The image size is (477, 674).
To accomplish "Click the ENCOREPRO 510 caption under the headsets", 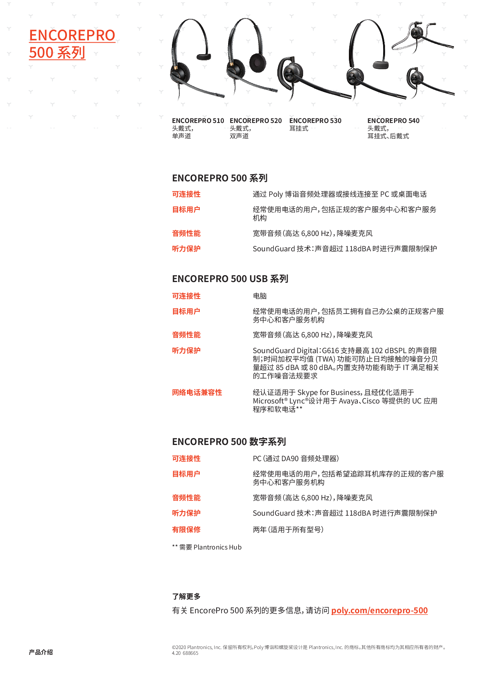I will [x=198, y=121].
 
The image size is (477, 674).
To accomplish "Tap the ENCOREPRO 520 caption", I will [x=255, y=121].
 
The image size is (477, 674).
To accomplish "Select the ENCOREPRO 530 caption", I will [x=315, y=121].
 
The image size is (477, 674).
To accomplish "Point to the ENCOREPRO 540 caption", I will [x=393, y=121].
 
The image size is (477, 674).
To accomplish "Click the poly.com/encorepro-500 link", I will [x=379, y=610].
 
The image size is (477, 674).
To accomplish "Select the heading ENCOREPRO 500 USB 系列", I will [x=230, y=279].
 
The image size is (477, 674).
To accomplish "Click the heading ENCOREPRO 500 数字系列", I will [x=229, y=442].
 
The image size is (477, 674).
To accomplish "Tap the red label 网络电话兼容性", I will [x=197, y=392].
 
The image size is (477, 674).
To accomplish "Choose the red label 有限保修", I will [x=186, y=530].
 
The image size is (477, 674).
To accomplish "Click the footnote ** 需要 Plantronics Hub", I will [x=207, y=547].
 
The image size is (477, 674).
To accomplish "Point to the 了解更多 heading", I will [x=186, y=596].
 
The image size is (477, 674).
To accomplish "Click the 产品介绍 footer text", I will [x=41, y=652].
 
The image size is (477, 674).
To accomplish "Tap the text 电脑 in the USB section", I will [x=260, y=296].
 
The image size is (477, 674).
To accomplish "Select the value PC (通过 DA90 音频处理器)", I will [x=295, y=458].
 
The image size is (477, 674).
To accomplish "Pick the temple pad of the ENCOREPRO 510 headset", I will [x=204, y=57].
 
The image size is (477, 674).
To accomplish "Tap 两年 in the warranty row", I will [x=260, y=530].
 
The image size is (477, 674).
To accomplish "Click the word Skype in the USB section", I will [x=307, y=392].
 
